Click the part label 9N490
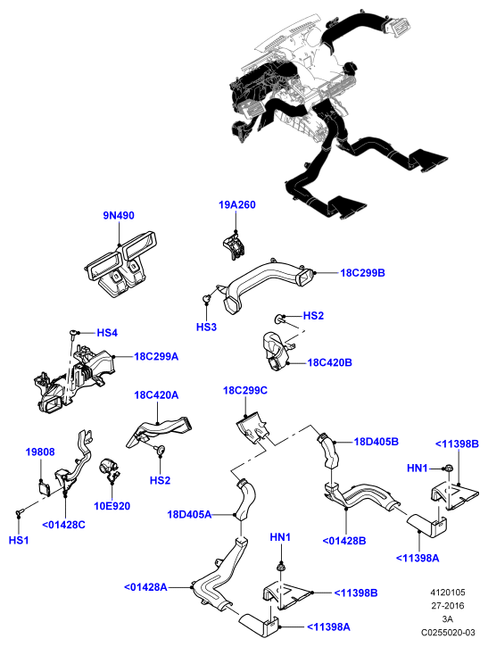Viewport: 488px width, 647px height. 119,215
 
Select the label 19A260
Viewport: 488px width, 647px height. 236,204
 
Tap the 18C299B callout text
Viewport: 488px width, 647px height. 362,273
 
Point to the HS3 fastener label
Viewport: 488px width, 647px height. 206,328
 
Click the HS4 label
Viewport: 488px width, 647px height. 107,333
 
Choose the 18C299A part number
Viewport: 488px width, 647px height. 156,356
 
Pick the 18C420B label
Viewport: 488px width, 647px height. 329,362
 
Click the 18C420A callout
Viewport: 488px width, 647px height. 156,394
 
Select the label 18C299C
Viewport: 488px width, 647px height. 245,390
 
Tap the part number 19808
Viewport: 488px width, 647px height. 40,452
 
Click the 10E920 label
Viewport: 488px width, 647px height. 112,506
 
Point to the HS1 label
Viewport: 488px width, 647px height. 19,540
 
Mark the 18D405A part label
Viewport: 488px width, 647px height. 189,515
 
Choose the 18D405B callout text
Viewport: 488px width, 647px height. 376,442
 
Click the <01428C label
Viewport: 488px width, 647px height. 63,525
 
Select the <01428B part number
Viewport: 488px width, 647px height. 344,541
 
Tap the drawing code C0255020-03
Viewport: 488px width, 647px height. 448,632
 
